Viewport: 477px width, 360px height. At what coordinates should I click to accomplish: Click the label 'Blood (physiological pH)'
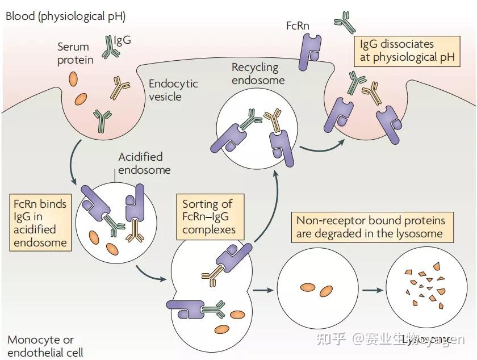point(65,15)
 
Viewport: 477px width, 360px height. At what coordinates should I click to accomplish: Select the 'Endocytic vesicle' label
point(173,90)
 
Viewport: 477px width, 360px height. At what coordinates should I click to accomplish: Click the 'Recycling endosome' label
point(255,73)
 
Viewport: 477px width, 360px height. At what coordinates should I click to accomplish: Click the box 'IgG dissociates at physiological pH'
point(406,51)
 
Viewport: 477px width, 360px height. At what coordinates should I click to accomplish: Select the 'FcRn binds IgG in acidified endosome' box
point(41,223)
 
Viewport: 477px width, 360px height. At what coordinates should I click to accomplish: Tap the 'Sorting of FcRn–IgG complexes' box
point(207,217)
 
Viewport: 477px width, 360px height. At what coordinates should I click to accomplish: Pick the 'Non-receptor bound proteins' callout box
point(370,227)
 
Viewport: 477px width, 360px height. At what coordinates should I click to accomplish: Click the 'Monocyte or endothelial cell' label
point(45,346)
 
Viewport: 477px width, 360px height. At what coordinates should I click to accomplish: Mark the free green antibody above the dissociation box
point(344,22)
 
